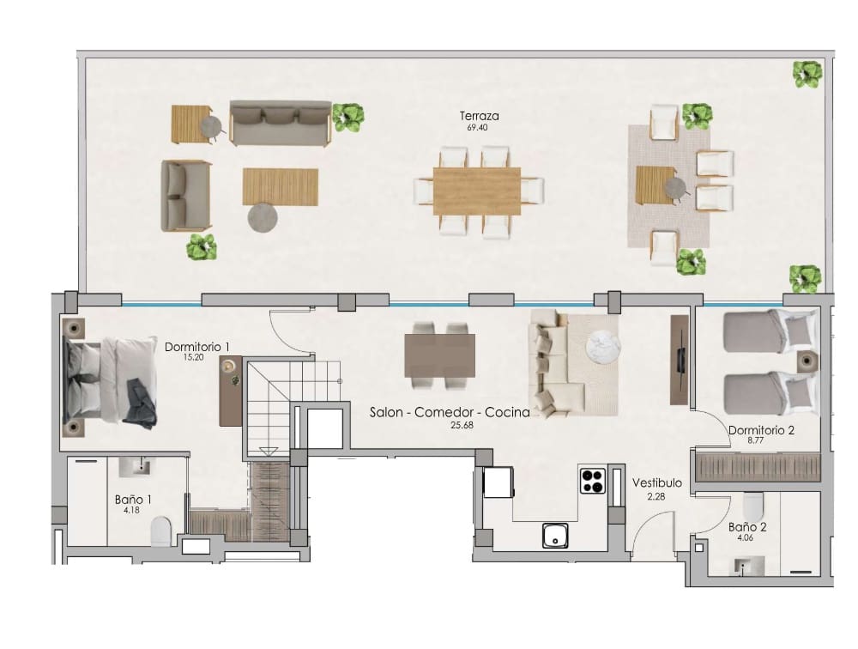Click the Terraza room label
479,116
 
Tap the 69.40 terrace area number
479,127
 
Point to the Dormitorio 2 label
762,431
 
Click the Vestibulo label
657,483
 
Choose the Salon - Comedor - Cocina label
450,413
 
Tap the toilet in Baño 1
160,531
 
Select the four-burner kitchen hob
592,480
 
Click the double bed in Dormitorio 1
109,382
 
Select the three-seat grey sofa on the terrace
281,123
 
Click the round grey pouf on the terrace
263,218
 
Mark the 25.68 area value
462,424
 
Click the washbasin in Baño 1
137,467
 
